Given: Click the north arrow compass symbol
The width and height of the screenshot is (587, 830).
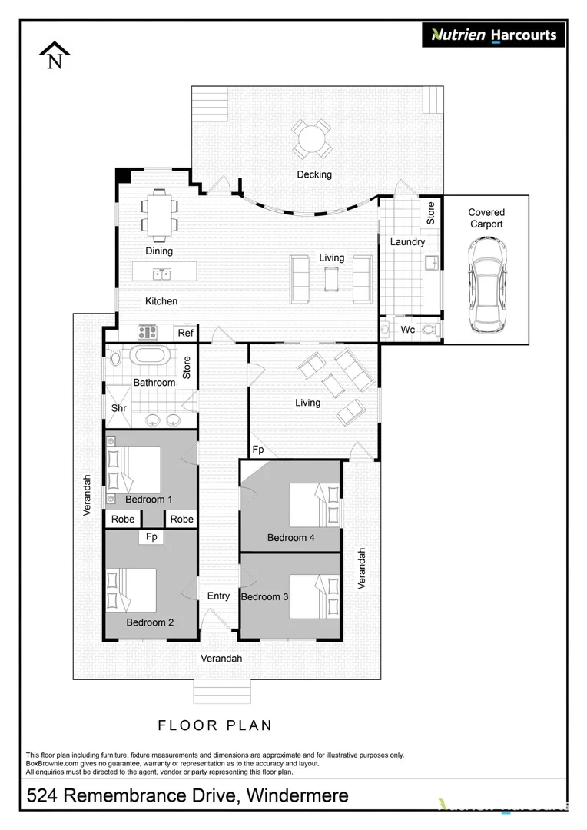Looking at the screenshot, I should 55,56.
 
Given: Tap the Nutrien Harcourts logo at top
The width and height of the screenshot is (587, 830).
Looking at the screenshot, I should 493,35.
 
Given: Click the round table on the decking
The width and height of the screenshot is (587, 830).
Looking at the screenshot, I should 313,139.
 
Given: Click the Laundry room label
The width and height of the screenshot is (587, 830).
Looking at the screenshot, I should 406,242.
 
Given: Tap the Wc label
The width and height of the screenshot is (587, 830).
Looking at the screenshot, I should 407,330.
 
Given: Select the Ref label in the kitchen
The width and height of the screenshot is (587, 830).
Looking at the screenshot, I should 185,333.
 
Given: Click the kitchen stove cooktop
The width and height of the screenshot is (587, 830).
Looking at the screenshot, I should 147,333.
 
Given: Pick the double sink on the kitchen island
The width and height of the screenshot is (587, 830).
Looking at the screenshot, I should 161,273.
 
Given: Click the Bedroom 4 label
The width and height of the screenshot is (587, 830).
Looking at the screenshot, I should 290,538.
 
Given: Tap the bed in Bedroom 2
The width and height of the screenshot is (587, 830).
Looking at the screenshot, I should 132,589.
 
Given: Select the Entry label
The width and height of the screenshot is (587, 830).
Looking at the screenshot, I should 218,596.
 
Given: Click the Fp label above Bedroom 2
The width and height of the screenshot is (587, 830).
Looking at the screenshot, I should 151,537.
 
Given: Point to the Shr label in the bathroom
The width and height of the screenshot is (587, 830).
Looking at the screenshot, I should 118,408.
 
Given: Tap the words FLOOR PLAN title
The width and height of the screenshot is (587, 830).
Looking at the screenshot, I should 215,725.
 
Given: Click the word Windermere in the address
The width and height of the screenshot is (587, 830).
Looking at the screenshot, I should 297,796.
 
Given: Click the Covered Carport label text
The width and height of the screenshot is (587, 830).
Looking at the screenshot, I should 486,218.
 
